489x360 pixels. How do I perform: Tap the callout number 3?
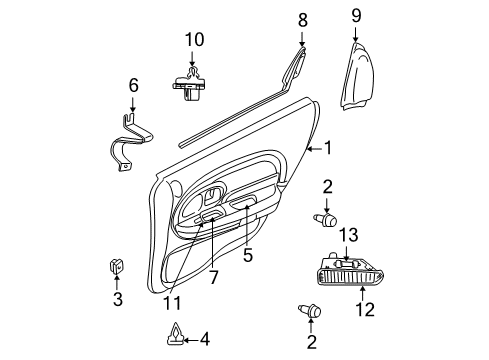click(x=117, y=300)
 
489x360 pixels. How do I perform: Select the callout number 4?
click(x=204, y=339)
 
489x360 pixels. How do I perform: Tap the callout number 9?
click(x=356, y=16)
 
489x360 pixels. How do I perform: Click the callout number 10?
click(x=193, y=40)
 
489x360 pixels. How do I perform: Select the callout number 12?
click(x=365, y=309)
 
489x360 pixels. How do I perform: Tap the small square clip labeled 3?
click(x=116, y=267)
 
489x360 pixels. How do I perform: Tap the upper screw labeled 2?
click(x=326, y=219)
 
